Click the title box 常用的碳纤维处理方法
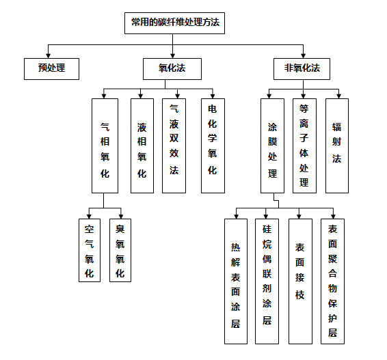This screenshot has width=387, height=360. [x=174, y=23]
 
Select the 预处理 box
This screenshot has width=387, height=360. [x=51, y=69]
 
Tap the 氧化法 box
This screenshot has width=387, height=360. [x=172, y=69]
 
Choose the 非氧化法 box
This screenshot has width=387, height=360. [x=302, y=69]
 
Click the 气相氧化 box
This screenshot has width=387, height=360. [x=105, y=146]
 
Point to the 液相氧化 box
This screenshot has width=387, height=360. [x=142, y=146]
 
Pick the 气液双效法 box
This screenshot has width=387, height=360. [x=174, y=146]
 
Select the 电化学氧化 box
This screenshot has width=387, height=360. [x=213, y=146]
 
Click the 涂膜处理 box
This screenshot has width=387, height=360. [x=273, y=146]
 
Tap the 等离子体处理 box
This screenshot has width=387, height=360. [x=304, y=146]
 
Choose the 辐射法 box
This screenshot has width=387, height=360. [x=337, y=146]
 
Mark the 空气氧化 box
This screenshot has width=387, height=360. [x=90, y=250]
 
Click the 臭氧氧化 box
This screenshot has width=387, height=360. [x=120, y=250]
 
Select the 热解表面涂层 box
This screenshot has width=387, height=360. [x=236, y=281]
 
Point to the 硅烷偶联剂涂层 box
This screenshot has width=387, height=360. [x=267, y=281]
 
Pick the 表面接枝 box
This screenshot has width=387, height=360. [x=300, y=281]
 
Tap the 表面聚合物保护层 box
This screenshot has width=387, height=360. [x=333, y=281]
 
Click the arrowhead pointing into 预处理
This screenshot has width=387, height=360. [x=49, y=55]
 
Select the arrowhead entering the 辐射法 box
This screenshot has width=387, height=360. [x=339, y=96]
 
